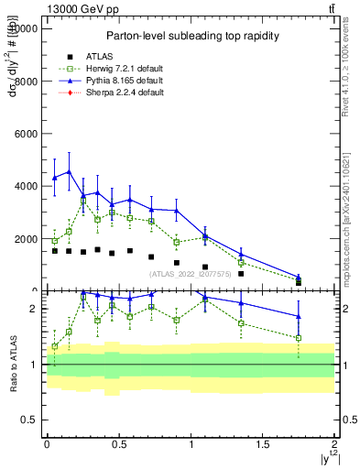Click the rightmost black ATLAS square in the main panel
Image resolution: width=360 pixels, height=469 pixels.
(299, 282)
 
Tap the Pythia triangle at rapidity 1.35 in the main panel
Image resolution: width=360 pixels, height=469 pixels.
(241, 255)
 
